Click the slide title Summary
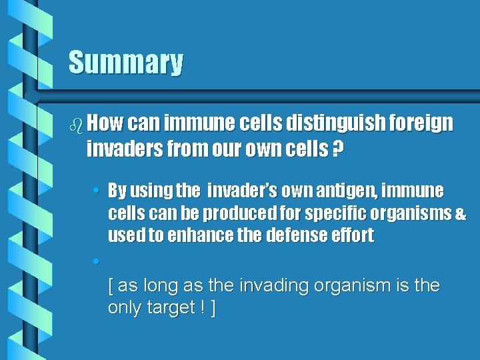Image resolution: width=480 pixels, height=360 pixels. coord(125,63)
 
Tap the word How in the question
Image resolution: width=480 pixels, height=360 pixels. coord(104,123)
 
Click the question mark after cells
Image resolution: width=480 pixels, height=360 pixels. coord(339,149)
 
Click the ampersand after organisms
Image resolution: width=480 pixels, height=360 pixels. coord(460,215)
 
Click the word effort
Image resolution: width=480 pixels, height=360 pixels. coord(352,235)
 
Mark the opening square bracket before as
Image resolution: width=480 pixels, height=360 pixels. coord(111,286)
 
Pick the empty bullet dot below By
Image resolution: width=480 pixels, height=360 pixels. coord(97,261)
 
